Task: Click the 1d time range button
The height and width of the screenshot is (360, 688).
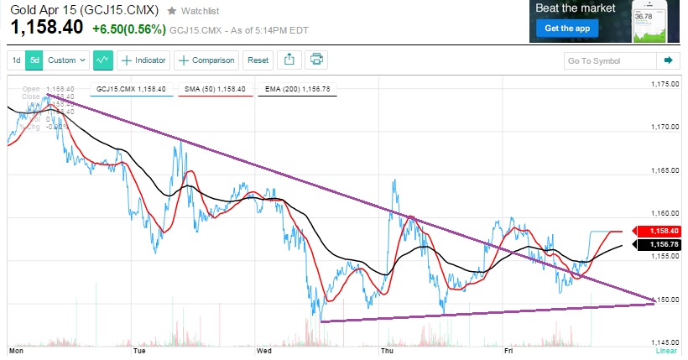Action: (16, 60)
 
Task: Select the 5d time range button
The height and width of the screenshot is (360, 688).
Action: (34, 60)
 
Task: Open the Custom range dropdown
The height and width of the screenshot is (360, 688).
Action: (67, 60)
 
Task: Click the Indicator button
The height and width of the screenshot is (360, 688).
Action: (143, 60)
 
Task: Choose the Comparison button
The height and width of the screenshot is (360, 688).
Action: (206, 60)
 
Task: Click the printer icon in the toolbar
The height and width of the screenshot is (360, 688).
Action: (316, 60)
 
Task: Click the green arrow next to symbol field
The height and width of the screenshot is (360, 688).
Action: (669, 60)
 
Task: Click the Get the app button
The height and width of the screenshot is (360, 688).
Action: (564, 29)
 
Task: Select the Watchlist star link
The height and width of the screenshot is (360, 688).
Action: (195, 11)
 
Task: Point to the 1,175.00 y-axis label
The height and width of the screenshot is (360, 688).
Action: (665, 85)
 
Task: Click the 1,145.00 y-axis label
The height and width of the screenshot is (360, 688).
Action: (665, 342)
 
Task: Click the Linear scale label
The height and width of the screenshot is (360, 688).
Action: (665, 352)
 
